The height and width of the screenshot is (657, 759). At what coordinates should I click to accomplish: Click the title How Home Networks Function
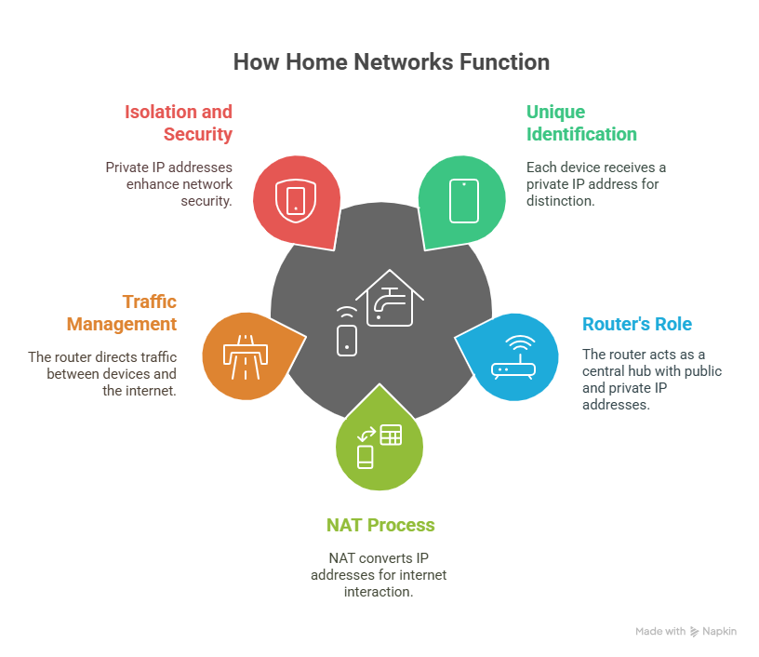pyautogui.click(x=391, y=62)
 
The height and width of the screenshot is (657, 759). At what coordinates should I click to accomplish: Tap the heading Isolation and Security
pyautogui.click(x=179, y=123)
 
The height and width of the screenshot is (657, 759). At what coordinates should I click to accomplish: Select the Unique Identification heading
pyautogui.click(x=581, y=123)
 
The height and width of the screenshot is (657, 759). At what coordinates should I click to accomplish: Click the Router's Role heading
pyautogui.click(x=637, y=324)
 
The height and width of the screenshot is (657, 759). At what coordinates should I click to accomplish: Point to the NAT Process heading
pyautogui.click(x=379, y=525)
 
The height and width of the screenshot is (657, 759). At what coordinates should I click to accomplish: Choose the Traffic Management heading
pyautogui.click(x=122, y=313)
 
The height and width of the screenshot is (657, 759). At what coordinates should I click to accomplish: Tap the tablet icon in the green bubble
pyautogui.click(x=463, y=200)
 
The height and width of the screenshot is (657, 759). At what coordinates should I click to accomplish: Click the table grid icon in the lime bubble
pyautogui.click(x=391, y=434)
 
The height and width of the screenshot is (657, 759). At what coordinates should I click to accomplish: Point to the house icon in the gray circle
pyautogui.click(x=389, y=298)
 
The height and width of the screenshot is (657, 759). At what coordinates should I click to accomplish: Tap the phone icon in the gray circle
pyautogui.click(x=346, y=337)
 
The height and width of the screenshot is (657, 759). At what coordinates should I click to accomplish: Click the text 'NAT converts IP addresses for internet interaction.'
pyautogui.click(x=379, y=574)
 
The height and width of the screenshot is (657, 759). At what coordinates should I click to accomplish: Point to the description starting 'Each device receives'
pyautogui.click(x=595, y=183)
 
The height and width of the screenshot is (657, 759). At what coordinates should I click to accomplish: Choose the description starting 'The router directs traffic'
pyautogui.click(x=102, y=373)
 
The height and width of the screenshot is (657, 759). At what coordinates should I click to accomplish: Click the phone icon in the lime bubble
pyautogui.click(x=366, y=457)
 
